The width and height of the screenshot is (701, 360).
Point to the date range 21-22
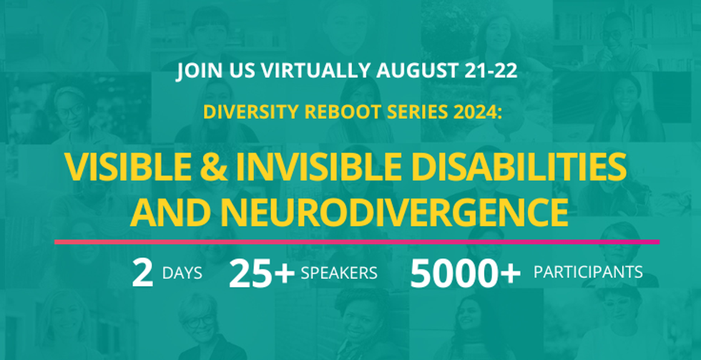pos(494,71)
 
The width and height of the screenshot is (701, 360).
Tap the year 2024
pos(478,112)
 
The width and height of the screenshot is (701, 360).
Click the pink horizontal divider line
pos(357,242)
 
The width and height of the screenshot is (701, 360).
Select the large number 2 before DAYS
pos(142,273)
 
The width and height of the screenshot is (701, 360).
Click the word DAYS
pos(182,273)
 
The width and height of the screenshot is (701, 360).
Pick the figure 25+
pos(262,273)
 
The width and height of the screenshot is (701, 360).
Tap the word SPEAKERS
pos(339,273)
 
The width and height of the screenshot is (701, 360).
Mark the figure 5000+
pos(466,273)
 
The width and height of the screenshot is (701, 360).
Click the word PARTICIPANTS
pos(588,272)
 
